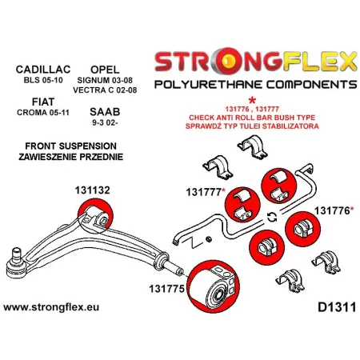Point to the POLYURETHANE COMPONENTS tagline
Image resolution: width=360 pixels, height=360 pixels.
(250, 85)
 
